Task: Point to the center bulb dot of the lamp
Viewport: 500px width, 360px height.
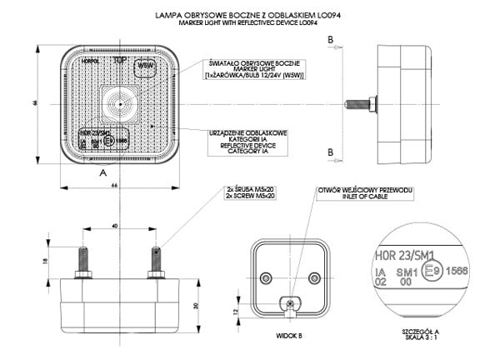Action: point(120,104)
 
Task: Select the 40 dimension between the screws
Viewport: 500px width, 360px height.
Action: point(115,227)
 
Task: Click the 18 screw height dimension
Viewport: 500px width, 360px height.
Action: point(45,261)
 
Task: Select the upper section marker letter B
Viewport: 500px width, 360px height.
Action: point(331,39)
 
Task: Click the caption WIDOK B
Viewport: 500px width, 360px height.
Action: point(287,336)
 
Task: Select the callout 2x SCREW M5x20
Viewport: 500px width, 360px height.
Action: point(250,197)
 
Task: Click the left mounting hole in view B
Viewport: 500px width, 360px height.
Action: point(266,277)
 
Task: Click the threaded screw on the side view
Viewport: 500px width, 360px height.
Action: point(360,104)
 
